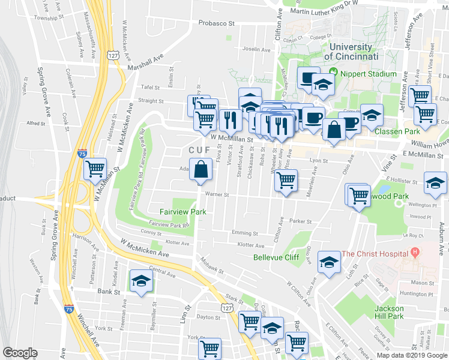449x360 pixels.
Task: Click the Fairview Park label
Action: (x=183, y=212)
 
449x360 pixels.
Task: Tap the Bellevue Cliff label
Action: (x=276, y=257)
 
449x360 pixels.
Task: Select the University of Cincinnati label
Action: (x=351, y=51)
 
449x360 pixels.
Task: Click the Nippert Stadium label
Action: (x=369, y=74)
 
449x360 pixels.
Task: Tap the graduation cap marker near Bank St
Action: (x=141, y=281)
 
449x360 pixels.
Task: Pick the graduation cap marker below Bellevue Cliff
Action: (x=328, y=262)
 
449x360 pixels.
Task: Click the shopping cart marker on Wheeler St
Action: (x=286, y=179)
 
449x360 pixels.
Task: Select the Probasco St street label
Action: (x=218, y=23)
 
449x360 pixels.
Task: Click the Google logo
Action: (x=20, y=353)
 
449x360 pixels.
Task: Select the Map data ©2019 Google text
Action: (x=410, y=355)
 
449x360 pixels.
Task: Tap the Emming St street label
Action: (x=244, y=233)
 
